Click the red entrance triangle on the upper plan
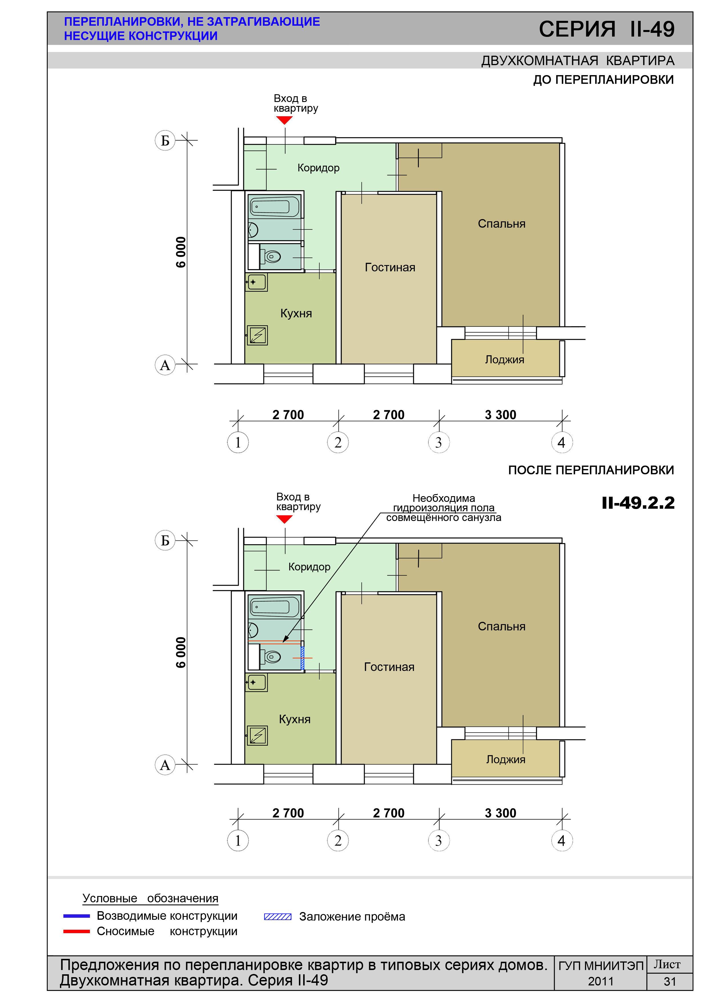284,120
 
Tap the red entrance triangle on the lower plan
284,519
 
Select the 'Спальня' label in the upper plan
501,224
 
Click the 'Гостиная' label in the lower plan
389,667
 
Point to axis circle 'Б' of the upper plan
165,141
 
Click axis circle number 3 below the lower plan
439,841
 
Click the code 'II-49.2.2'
638,503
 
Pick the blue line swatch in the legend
77,916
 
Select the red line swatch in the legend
77,932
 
